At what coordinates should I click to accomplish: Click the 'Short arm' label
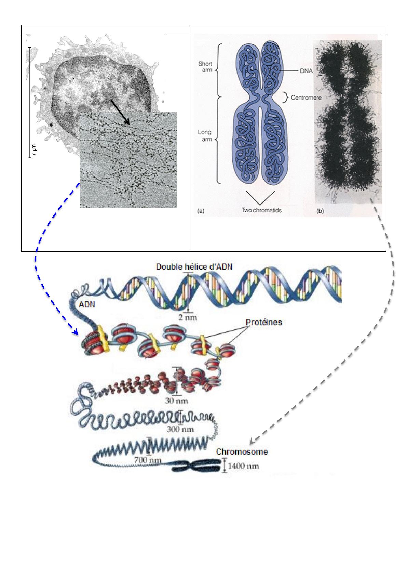pos(205,67)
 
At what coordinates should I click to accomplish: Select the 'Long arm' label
pos(205,136)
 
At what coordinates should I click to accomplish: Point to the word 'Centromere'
pos(306,97)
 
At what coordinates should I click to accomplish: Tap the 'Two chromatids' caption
pos(262,210)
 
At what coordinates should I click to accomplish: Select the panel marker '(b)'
pos(320,211)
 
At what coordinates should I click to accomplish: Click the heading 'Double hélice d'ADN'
pos(194,267)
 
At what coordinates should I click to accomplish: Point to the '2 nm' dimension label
pos(188,317)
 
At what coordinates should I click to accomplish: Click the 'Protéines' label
pos(264,322)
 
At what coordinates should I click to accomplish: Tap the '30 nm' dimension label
pos(177,400)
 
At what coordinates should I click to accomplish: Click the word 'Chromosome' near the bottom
pos(242,451)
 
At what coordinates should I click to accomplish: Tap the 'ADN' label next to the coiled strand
pos(87,304)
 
